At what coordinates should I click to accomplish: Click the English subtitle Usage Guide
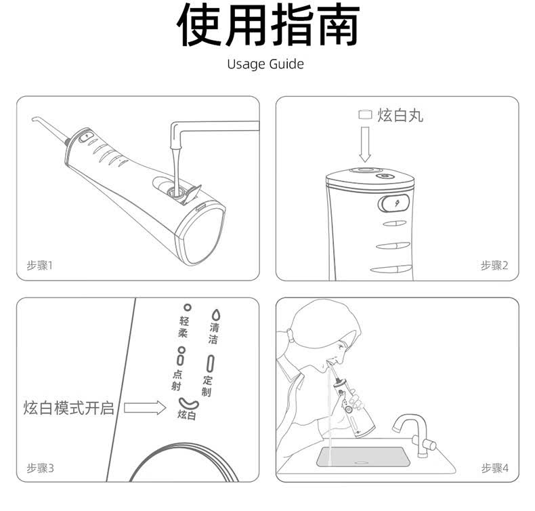(265, 64)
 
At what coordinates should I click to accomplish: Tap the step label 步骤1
(40, 265)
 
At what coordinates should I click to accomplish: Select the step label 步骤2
(494, 265)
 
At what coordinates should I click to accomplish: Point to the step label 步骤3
(40, 468)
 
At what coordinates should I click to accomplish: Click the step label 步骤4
(495, 468)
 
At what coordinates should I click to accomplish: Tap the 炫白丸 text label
(400, 115)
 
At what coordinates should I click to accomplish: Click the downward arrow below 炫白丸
(365, 144)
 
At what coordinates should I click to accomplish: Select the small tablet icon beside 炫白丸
(365, 115)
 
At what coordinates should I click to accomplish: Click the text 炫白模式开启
(68, 408)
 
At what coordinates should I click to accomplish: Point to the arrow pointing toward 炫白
(145, 407)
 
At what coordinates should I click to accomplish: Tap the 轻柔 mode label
(184, 327)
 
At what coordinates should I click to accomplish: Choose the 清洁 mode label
(213, 333)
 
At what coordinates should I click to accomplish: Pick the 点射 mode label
(177, 380)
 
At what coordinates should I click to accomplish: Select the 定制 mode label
(207, 386)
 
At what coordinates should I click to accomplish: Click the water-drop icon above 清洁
(215, 314)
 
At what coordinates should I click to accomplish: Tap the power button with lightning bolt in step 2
(393, 204)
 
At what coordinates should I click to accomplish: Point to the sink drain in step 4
(361, 462)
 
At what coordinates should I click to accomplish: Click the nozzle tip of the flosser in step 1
(33, 119)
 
